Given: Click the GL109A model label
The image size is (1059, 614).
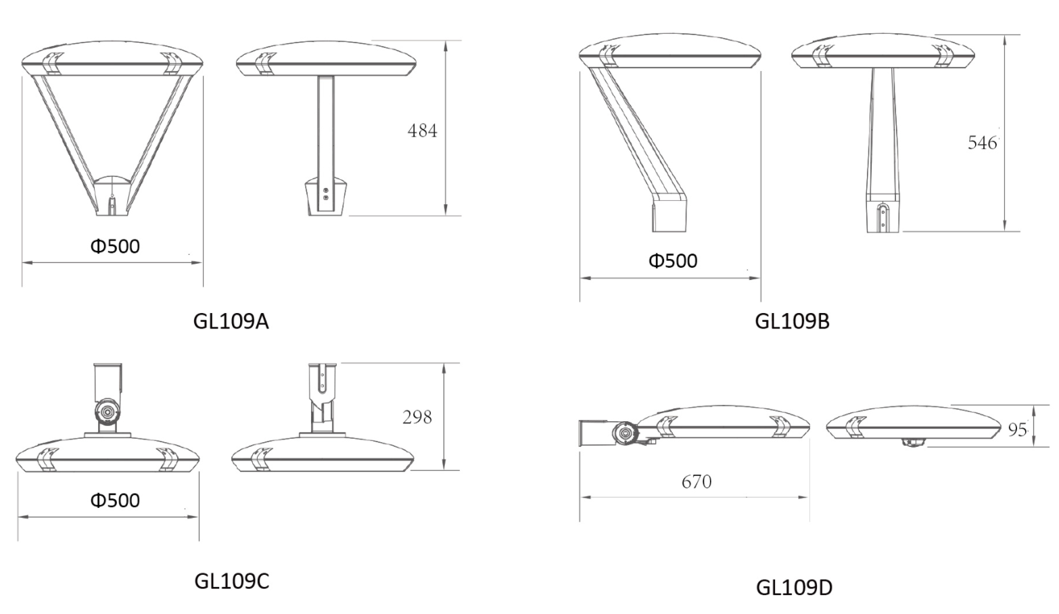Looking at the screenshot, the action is tap(231, 321).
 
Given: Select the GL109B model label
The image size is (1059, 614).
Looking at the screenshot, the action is tap(792, 321).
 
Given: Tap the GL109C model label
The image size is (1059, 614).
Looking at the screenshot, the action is tap(232, 581).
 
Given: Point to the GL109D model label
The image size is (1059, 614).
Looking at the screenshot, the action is tap(794, 588).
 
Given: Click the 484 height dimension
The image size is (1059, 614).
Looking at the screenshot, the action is tap(422, 131).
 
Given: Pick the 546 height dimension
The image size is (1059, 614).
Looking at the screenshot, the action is tap(983, 142).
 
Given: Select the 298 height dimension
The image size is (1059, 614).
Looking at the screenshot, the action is tap(417, 417).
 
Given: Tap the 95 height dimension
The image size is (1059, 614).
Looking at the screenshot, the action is tap(1017, 429).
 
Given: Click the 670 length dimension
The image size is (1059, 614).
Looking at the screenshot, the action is tap(697, 481).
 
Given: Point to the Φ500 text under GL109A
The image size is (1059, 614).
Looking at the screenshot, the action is tap(115, 246).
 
